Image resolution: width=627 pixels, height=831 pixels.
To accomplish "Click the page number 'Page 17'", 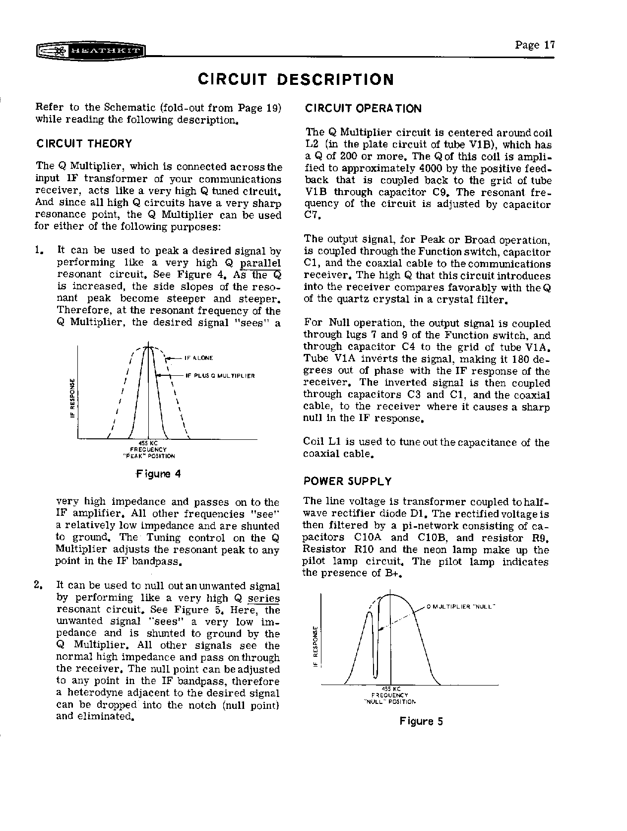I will click(535, 45).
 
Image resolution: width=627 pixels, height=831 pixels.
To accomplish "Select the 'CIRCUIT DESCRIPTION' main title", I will click(296, 79).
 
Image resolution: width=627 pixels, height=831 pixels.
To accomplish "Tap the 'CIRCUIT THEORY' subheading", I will click(84, 144).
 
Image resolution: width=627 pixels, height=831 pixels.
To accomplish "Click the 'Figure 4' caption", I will click(158, 474).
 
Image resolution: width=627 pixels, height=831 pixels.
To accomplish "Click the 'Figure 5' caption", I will click(421, 721).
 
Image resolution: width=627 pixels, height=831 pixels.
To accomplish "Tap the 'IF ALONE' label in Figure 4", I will click(198, 358).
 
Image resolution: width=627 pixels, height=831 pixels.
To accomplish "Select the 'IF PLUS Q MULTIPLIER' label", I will click(220, 376).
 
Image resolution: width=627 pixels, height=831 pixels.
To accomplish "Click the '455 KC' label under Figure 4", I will click(148, 443).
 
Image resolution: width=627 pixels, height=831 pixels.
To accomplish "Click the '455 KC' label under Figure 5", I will click(391, 688).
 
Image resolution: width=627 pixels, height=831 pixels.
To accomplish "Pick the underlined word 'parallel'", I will click(260, 263).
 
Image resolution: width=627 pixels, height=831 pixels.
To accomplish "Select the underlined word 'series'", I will click(264, 599).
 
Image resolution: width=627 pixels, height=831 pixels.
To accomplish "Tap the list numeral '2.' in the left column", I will click(38, 585).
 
